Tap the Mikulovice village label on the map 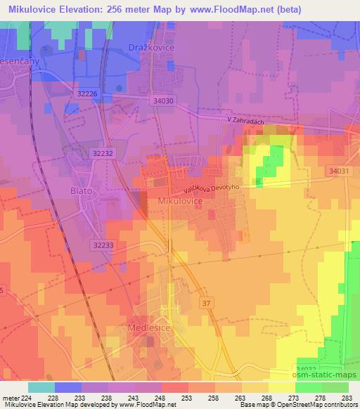tap(180, 201)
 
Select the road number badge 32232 tap(102, 152)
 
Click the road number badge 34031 tap(337, 171)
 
